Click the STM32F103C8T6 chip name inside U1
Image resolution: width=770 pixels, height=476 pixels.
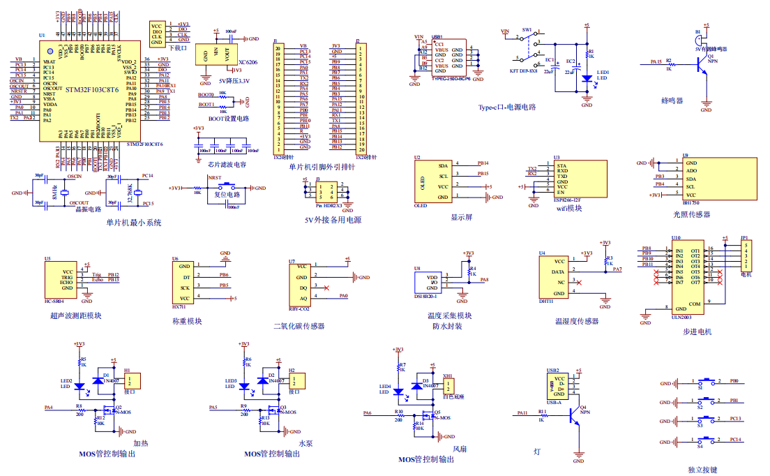click(91, 91)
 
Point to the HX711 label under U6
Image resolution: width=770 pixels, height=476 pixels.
click(179, 306)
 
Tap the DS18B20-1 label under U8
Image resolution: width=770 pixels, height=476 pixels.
click(427, 296)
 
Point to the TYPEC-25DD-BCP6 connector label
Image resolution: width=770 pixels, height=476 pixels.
click(451, 78)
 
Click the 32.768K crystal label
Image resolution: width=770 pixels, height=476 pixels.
click(128, 191)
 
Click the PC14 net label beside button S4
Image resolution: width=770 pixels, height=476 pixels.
click(735, 439)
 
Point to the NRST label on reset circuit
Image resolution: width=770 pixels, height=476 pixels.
click(215, 179)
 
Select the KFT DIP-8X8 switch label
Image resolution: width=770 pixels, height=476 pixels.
click(523, 71)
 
